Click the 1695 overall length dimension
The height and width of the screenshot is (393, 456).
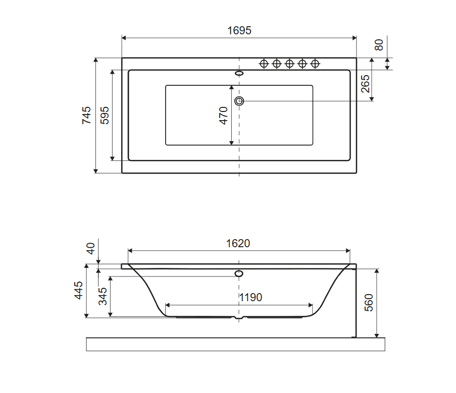pos(239,30)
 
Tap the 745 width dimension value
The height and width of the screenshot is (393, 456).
pos(86,116)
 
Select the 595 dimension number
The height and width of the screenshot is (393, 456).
pos(105,116)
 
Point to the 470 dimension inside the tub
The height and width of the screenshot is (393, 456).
pos(223,116)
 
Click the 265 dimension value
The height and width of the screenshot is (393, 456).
pos(365,84)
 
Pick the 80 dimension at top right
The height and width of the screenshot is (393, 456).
pos(379,45)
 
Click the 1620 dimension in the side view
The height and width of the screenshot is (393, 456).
pos(238,243)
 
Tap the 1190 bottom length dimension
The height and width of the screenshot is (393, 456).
pos(250,298)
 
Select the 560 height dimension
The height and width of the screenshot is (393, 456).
pos(369,303)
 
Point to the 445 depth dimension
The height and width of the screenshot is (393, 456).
pos(78,290)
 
